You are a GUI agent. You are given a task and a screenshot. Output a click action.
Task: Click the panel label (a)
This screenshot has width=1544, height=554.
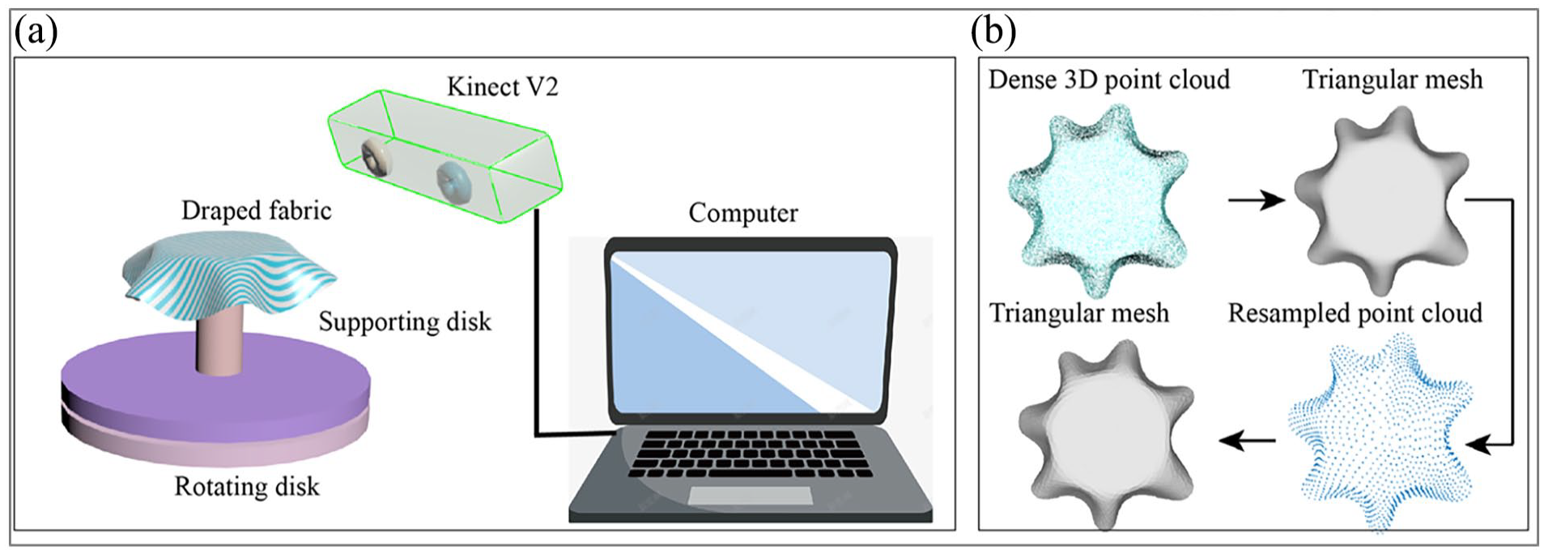coord(36,34)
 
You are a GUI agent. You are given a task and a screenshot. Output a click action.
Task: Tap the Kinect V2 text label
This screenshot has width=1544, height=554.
coord(502,87)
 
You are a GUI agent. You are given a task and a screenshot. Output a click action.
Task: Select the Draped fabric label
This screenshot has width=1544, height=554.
coord(256,211)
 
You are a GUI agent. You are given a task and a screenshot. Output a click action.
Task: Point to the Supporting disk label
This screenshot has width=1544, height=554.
coord(405,322)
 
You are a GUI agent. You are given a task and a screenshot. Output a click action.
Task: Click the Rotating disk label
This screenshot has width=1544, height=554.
coord(247,487)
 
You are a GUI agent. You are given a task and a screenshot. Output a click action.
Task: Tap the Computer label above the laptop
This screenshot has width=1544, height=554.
coord(742,212)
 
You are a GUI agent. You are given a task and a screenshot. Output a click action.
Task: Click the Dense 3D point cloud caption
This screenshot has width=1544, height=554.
coord(1108,79)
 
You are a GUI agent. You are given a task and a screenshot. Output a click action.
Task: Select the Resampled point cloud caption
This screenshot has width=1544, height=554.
coord(1355,313)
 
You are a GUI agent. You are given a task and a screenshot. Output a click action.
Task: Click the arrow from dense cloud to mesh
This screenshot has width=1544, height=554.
coord(1257,199)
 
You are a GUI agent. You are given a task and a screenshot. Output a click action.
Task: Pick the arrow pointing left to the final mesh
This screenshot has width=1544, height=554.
coord(1247,441)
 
